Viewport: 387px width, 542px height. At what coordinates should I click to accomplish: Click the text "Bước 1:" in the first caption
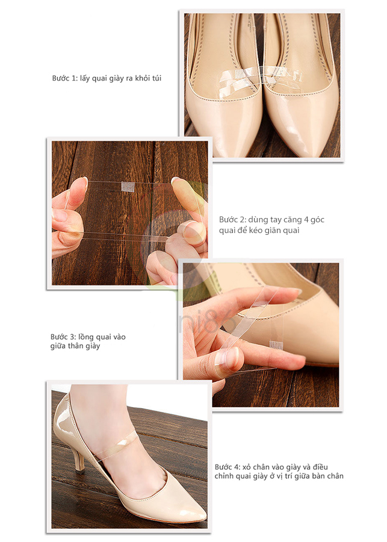point(64,78)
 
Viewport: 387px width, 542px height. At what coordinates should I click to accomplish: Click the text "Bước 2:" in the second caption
point(232,219)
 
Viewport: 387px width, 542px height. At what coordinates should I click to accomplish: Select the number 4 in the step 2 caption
point(306,219)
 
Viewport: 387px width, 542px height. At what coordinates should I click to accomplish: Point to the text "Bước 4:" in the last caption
point(227,467)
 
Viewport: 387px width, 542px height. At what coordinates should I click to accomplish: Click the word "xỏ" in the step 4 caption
point(246,467)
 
